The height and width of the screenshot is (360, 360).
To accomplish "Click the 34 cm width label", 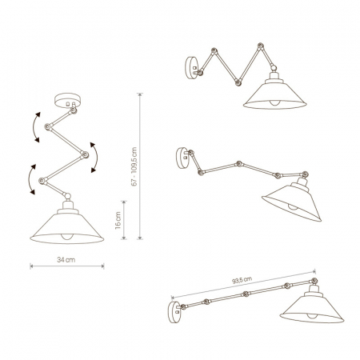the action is (x=66, y=259).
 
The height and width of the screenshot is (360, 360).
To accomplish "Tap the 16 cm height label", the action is (x=118, y=221).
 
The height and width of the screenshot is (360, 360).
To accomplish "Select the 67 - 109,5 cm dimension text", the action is (x=134, y=166).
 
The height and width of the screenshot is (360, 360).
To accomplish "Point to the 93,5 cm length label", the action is (x=242, y=280).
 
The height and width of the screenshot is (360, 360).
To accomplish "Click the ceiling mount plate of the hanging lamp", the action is (x=67, y=100).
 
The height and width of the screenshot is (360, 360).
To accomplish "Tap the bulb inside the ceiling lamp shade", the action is (x=67, y=237).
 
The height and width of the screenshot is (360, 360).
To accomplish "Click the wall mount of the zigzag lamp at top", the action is (x=192, y=68).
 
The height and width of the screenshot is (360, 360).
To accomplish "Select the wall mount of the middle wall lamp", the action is (x=182, y=158).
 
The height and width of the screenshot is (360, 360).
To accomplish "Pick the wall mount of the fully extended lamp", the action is (x=174, y=312).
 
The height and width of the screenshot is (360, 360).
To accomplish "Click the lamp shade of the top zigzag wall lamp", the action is (x=274, y=94).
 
